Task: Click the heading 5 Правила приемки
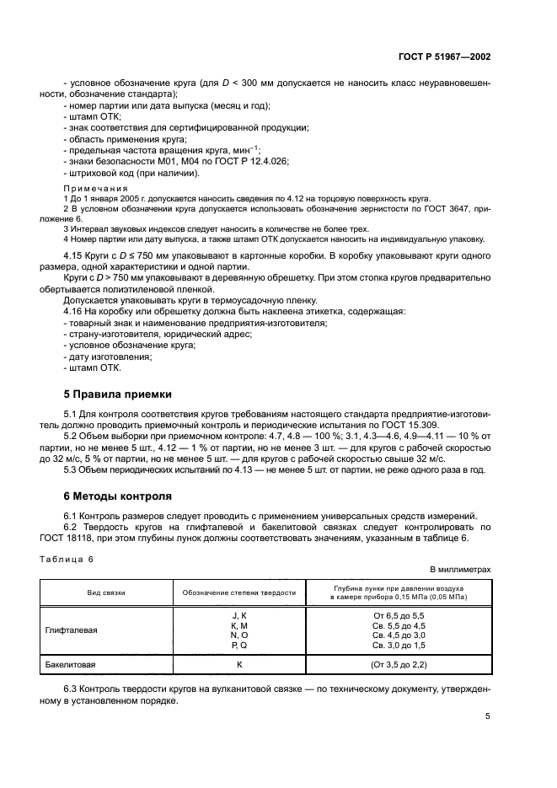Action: pos(118,394)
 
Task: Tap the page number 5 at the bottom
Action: pos(488,716)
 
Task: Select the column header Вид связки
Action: pos(106,592)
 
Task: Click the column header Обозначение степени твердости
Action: pos(239,592)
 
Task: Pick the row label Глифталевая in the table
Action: pos(72,630)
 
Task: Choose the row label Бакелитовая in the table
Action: pos(71,665)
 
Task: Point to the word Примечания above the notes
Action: pos(95,188)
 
